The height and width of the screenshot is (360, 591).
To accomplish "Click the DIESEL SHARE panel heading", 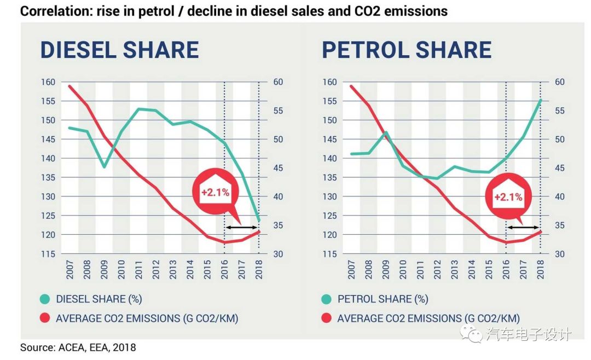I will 119,50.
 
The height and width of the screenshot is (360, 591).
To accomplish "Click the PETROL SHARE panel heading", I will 407,50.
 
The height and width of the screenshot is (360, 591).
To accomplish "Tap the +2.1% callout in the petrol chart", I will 508,197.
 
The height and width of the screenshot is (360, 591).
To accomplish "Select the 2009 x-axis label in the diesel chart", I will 105,268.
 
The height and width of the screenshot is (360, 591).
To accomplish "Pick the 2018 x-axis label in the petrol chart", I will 540,268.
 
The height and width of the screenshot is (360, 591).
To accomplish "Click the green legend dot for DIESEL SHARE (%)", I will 45,299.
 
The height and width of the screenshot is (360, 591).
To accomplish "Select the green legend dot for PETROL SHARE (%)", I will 327,299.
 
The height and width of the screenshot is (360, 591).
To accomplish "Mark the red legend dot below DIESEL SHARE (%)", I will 45,318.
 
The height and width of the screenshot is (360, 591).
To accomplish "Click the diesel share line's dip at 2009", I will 105,166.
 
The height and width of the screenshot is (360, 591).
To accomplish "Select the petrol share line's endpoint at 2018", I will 540,100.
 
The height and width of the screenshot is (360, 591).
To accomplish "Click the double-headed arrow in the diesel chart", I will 242,227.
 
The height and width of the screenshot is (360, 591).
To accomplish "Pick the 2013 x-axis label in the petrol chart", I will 455,268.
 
